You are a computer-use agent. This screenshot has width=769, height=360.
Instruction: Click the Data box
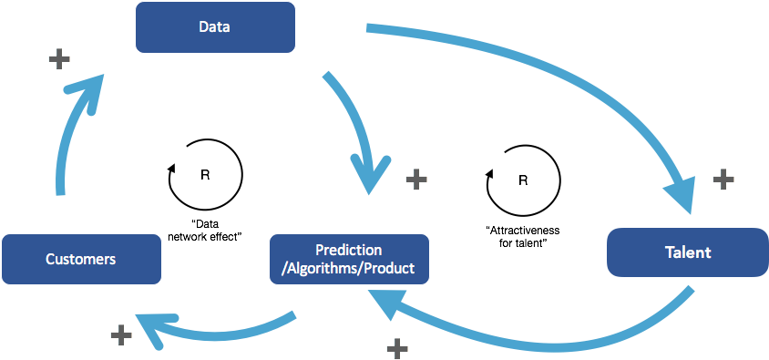(215, 26)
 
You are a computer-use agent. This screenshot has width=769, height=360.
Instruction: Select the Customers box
(81, 259)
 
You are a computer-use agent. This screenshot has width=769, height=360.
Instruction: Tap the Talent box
(687, 252)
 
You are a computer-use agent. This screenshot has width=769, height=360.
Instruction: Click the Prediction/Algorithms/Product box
(349, 259)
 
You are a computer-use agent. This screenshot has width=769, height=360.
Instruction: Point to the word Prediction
(349, 250)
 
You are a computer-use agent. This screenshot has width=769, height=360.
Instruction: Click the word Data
(215, 26)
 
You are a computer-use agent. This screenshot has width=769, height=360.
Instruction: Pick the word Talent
(688, 252)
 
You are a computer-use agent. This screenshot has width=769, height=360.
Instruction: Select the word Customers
(81, 260)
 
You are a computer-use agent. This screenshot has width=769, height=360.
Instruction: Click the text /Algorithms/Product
(349, 269)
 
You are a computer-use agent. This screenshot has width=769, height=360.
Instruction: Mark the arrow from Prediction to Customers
(219, 328)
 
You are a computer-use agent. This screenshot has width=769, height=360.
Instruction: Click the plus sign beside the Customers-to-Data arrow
(59, 60)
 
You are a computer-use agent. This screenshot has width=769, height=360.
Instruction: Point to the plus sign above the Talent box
(723, 179)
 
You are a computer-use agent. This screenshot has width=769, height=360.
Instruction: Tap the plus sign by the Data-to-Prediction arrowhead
(416, 179)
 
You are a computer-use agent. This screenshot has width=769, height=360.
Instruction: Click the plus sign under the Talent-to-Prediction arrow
(397, 347)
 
